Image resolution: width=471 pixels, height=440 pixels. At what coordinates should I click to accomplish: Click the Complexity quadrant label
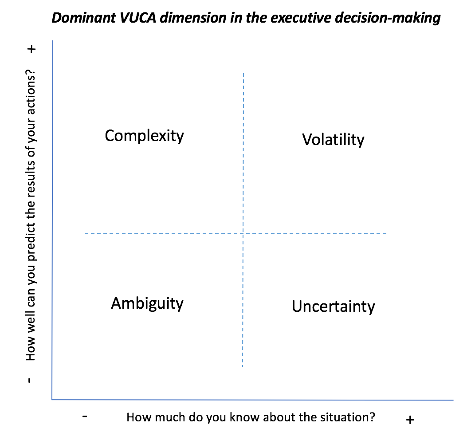pos(144,136)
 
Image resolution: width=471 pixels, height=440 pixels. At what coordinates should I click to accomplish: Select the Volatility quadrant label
pos(333,140)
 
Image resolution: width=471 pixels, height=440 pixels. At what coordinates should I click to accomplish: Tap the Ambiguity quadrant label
pos(147,303)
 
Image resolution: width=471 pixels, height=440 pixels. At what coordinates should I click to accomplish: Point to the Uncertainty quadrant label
pos(333,306)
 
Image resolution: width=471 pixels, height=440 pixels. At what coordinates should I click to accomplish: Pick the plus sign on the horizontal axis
pos(410,420)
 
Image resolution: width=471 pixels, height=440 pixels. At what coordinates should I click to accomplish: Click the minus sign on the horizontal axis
pos(84,416)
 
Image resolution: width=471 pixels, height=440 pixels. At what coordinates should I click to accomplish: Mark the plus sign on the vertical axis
pos(31,50)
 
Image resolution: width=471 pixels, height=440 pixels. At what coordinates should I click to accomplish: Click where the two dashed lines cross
pos(243,233)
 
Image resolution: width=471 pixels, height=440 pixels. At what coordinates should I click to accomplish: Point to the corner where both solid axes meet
pos(52,399)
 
